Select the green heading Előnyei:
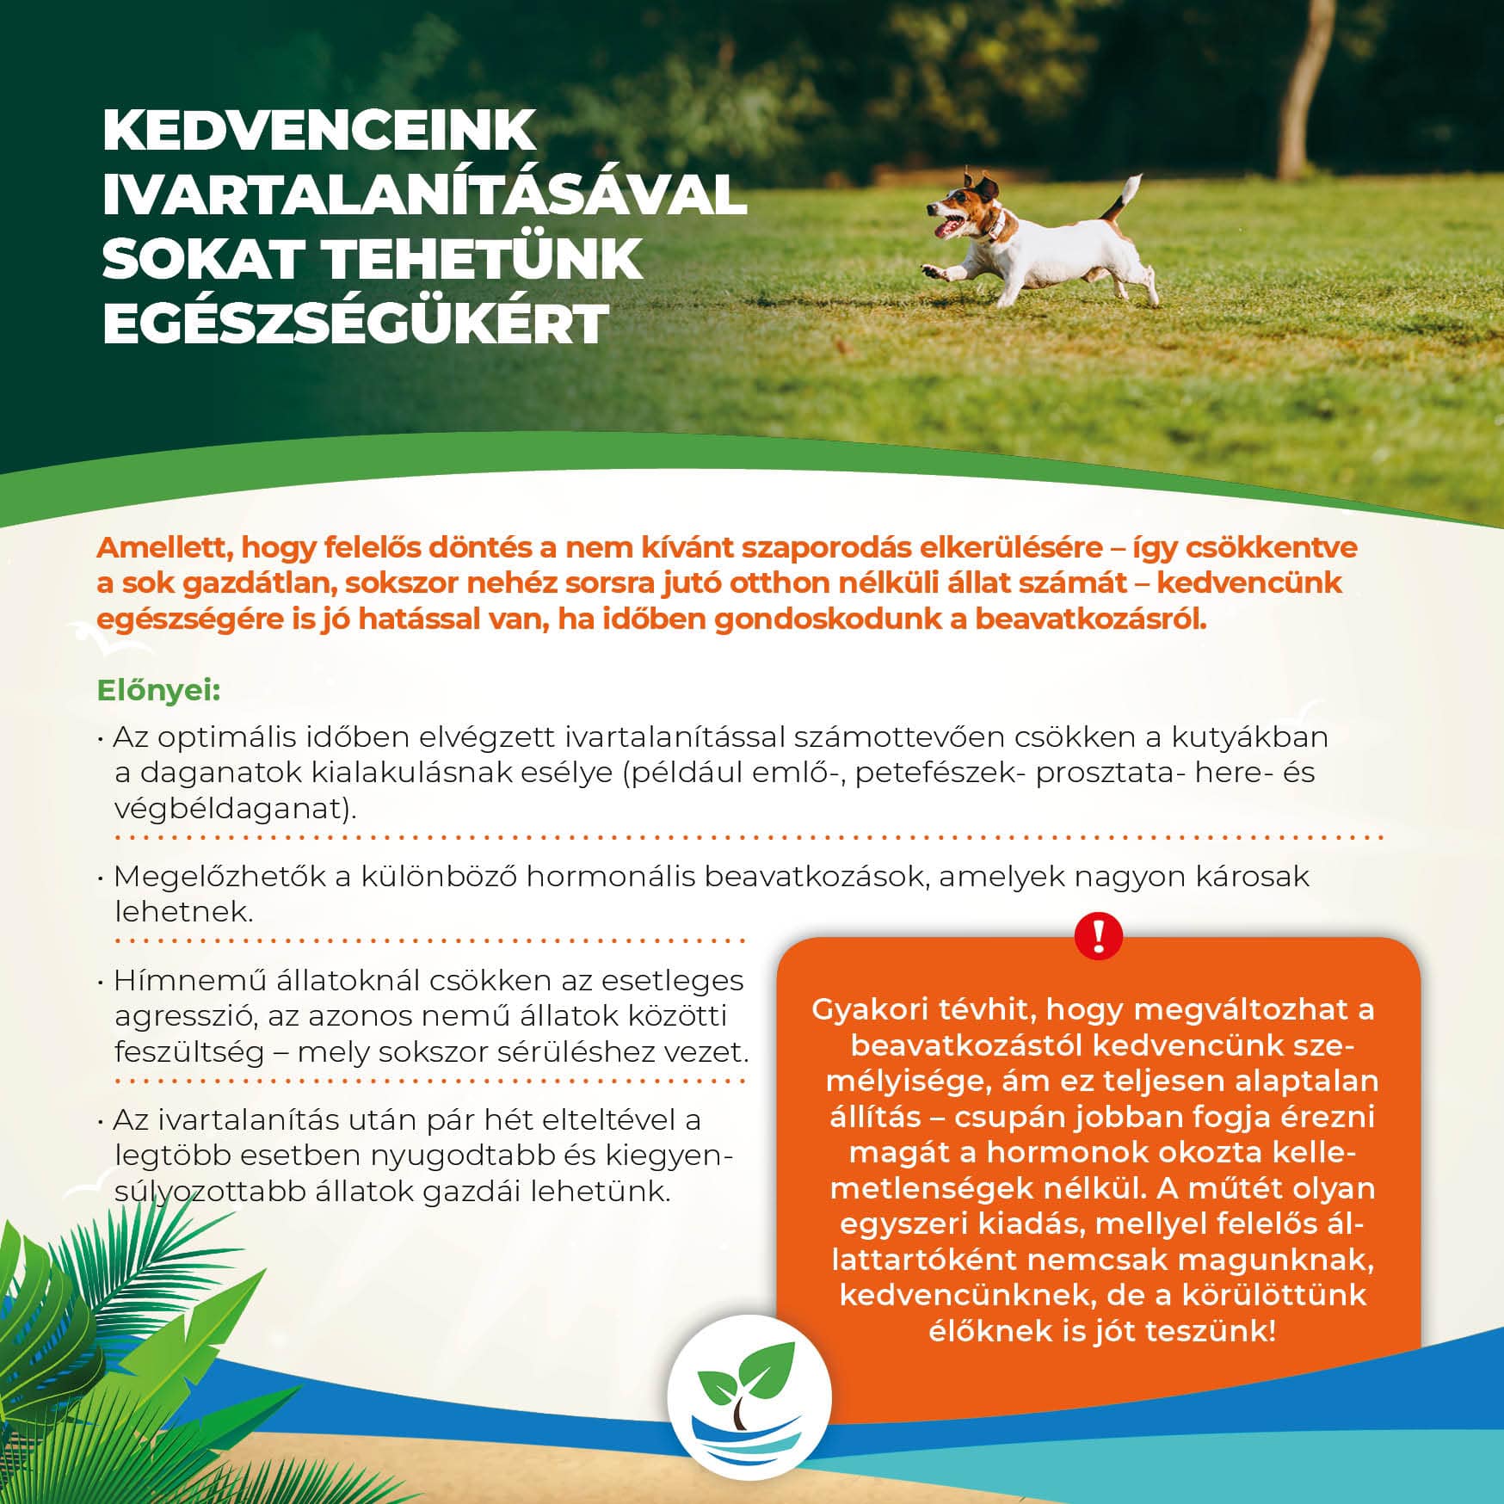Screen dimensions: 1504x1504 [159, 691]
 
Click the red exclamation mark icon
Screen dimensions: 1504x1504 [1099, 935]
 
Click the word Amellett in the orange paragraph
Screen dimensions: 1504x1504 [162, 547]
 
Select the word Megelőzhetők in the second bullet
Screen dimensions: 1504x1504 [219, 877]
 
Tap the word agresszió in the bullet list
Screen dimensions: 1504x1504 [184, 1017]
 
